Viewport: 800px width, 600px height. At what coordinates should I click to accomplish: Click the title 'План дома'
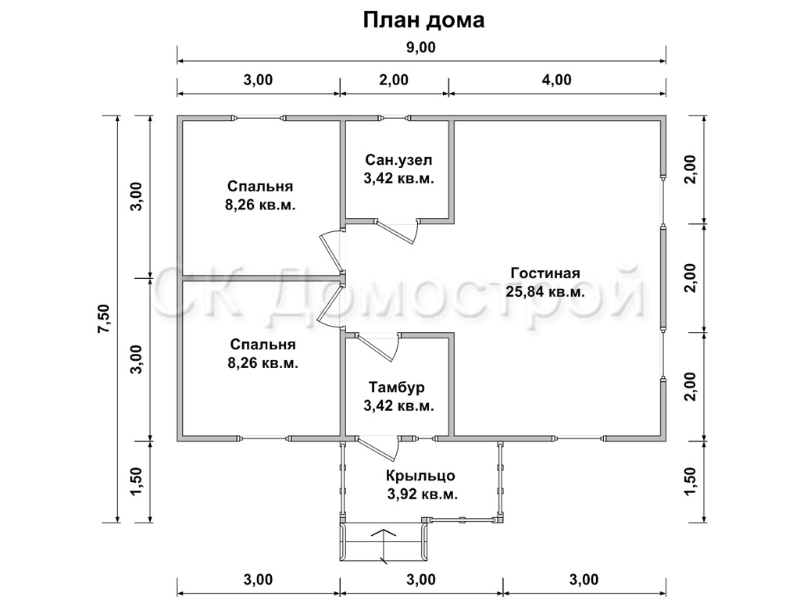click(x=423, y=20)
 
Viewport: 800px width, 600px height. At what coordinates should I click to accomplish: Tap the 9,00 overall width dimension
click(x=421, y=48)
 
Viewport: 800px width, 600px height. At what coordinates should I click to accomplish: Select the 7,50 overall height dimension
click(x=104, y=319)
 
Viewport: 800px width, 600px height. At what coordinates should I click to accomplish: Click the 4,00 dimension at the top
click(x=556, y=80)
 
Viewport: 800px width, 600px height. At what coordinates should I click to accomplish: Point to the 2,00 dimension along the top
click(x=394, y=80)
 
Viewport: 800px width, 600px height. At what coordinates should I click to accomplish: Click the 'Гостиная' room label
click(x=545, y=273)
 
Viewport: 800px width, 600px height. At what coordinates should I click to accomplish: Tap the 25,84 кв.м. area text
click(x=545, y=292)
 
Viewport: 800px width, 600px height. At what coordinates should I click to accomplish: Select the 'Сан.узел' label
click(x=398, y=159)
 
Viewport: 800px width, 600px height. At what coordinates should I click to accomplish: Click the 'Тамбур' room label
click(x=397, y=387)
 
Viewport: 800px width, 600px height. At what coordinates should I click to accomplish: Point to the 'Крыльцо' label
click(x=420, y=476)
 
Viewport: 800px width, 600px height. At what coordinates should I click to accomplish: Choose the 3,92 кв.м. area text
click(x=423, y=495)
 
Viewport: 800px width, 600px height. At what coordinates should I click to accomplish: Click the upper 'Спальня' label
click(x=260, y=186)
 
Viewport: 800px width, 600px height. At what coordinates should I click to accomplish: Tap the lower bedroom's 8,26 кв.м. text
click(x=262, y=363)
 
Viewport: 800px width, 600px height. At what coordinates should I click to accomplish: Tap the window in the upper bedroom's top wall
click(x=259, y=119)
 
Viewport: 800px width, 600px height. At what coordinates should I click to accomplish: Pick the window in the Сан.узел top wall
click(x=395, y=119)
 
